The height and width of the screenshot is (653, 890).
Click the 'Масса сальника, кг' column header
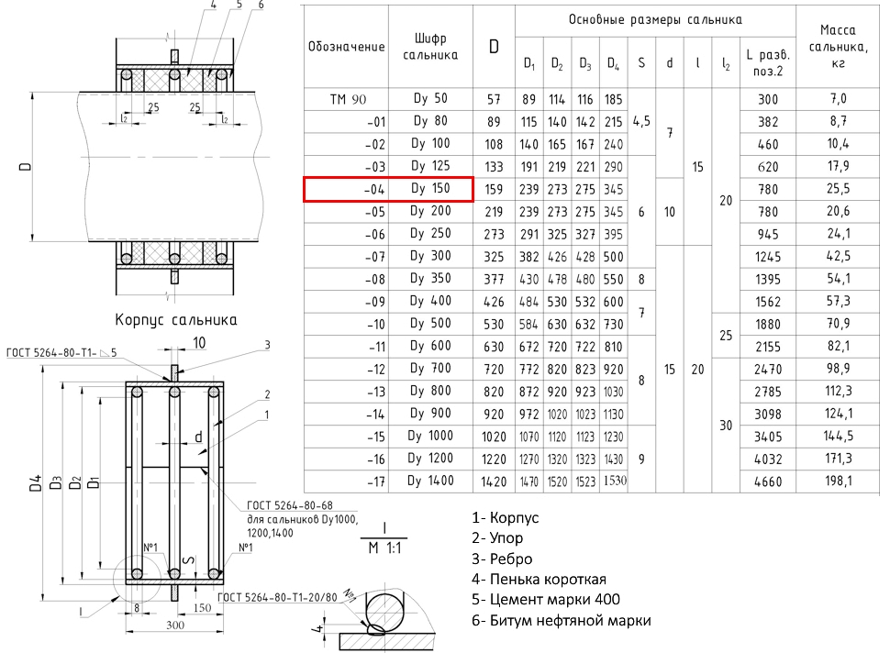pyautogui.click(x=838, y=47)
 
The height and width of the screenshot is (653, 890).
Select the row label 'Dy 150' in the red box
pyautogui.click(x=430, y=188)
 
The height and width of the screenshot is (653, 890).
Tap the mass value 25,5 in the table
pyautogui.click(x=838, y=188)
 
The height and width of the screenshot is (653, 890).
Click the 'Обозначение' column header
pyautogui.click(x=346, y=47)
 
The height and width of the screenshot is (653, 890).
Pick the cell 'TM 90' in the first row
pyautogui.click(x=348, y=99)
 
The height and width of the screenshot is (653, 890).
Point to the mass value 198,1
pyautogui.click(x=838, y=481)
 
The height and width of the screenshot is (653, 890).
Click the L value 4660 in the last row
pyautogui.click(x=768, y=481)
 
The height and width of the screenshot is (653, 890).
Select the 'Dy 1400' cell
pyautogui.click(x=430, y=481)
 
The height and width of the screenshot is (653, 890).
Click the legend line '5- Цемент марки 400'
pyautogui.click(x=545, y=599)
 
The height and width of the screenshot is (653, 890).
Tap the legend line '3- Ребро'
pyautogui.click(x=502, y=559)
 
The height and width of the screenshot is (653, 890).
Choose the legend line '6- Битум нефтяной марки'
pyautogui.click(x=561, y=620)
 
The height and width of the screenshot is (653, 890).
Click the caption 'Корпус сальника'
pyautogui.click(x=176, y=320)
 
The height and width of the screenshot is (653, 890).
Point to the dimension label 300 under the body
pyautogui.click(x=175, y=625)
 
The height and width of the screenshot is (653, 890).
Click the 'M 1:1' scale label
pyautogui.click(x=384, y=548)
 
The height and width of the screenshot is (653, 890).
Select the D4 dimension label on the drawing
pyautogui.click(x=36, y=482)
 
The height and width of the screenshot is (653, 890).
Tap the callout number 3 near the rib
pyautogui.click(x=267, y=345)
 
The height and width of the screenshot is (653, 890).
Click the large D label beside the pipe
pyautogui.click(x=25, y=167)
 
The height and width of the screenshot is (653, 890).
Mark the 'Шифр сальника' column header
pyautogui.click(x=430, y=47)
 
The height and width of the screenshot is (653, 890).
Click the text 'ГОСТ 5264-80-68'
pyautogui.click(x=290, y=505)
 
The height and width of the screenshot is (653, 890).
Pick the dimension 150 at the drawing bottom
pyautogui.click(x=202, y=608)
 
